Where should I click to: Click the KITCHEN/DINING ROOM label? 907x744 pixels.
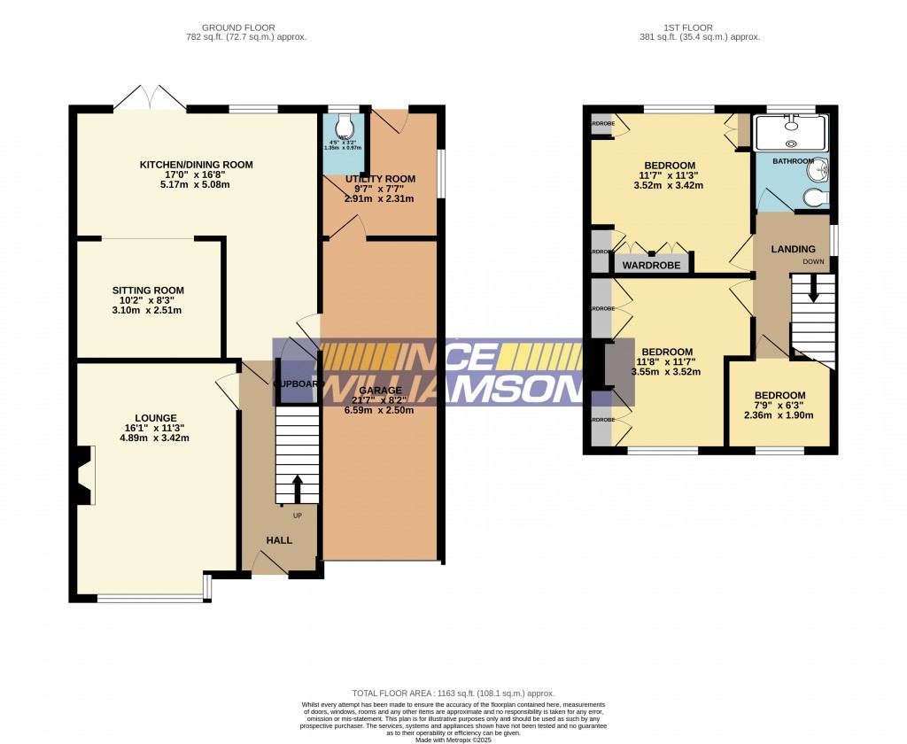pyautogui.click(x=196, y=165)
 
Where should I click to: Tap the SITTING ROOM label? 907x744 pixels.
pyautogui.click(x=148, y=291)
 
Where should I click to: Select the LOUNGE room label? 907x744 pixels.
pyautogui.click(x=156, y=418)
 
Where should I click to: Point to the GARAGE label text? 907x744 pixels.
pyautogui.click(x=381, y=391)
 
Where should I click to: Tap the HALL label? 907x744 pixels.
pyautogui.click(x=279, y=540)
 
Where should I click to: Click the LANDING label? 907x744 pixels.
pyautogui.click(x=793, y=250)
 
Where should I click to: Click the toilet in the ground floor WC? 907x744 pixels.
pyautogui.click(x=345, y=125)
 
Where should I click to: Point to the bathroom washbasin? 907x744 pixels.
pyautogui.click(x=821, y=168)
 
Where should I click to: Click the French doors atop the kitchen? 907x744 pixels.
pyautogui.click(x=149, y=99)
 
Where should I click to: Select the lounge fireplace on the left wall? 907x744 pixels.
pyautogui.click(x=83, y=476)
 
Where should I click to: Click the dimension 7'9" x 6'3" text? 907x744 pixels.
pyautogui.click(x=779, y=406)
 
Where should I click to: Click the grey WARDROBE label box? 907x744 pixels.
pyautogui.click(x=651, y=265)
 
